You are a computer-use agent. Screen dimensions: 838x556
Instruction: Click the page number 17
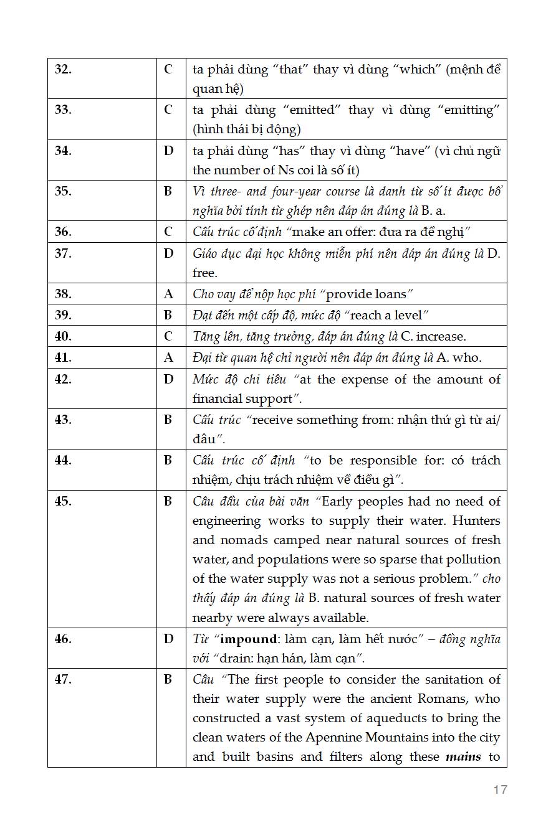pos(500,789)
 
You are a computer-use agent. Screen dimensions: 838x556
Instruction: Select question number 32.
pos(63,69)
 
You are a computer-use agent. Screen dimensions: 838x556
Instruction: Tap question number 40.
pos(63,336)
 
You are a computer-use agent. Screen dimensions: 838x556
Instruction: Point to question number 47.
pos(63,679)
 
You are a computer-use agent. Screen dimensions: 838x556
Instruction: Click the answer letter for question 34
pos(168,151)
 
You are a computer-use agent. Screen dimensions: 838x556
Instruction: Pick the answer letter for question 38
pos(168,294)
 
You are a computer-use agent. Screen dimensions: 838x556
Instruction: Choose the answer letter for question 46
pos(168,639)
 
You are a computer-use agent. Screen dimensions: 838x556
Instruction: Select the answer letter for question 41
pos(168,357)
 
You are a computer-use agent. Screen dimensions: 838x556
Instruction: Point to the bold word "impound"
pos(249,639)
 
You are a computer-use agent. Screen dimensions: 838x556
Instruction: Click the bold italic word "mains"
pos(463,757)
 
